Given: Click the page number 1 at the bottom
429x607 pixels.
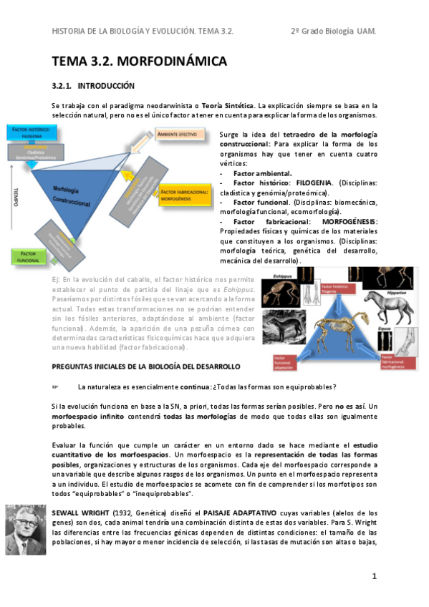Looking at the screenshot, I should coord(374,576).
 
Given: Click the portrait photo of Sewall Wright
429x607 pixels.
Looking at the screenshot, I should coord(26,529).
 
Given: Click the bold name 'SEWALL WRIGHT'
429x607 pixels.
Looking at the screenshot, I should coord(77,513).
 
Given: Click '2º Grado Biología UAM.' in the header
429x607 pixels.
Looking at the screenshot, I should coord(333,31).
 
